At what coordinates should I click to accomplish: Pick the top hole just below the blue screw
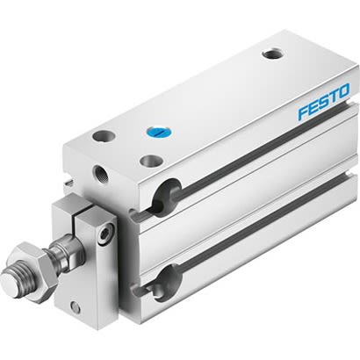pyautogui.click(x=152, y=162)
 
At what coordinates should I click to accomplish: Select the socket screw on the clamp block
pyautogui.click(x=106, y=233)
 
